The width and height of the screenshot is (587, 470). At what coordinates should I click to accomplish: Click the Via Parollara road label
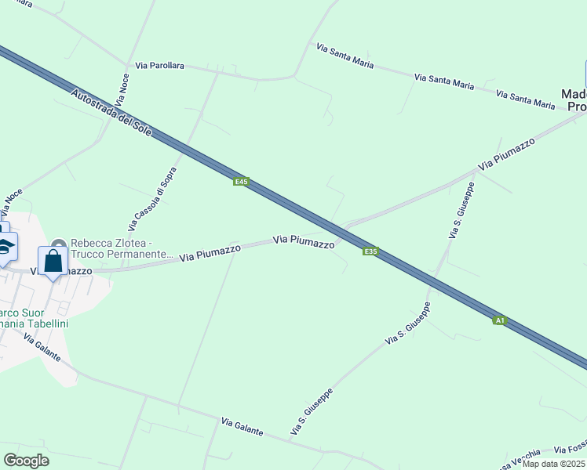159,66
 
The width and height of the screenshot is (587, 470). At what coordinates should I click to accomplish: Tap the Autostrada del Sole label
111,116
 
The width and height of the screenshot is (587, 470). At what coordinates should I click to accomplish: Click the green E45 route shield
242,182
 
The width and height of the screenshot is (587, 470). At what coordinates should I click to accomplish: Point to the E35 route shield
371,251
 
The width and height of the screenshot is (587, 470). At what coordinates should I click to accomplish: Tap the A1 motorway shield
499,320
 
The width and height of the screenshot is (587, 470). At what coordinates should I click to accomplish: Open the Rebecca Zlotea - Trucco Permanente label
122,248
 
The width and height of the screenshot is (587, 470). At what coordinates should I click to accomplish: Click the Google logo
26,461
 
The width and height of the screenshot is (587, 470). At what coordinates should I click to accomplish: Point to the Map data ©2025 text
553,464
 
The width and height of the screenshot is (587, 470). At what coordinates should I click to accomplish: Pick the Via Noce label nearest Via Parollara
122,89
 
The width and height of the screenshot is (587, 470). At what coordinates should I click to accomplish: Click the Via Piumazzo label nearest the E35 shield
304,241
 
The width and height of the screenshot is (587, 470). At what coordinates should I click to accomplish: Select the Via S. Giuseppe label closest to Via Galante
312,411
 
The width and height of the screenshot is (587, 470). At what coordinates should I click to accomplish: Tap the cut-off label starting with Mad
574,99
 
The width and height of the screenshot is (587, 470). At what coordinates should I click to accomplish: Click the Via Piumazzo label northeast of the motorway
506,154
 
